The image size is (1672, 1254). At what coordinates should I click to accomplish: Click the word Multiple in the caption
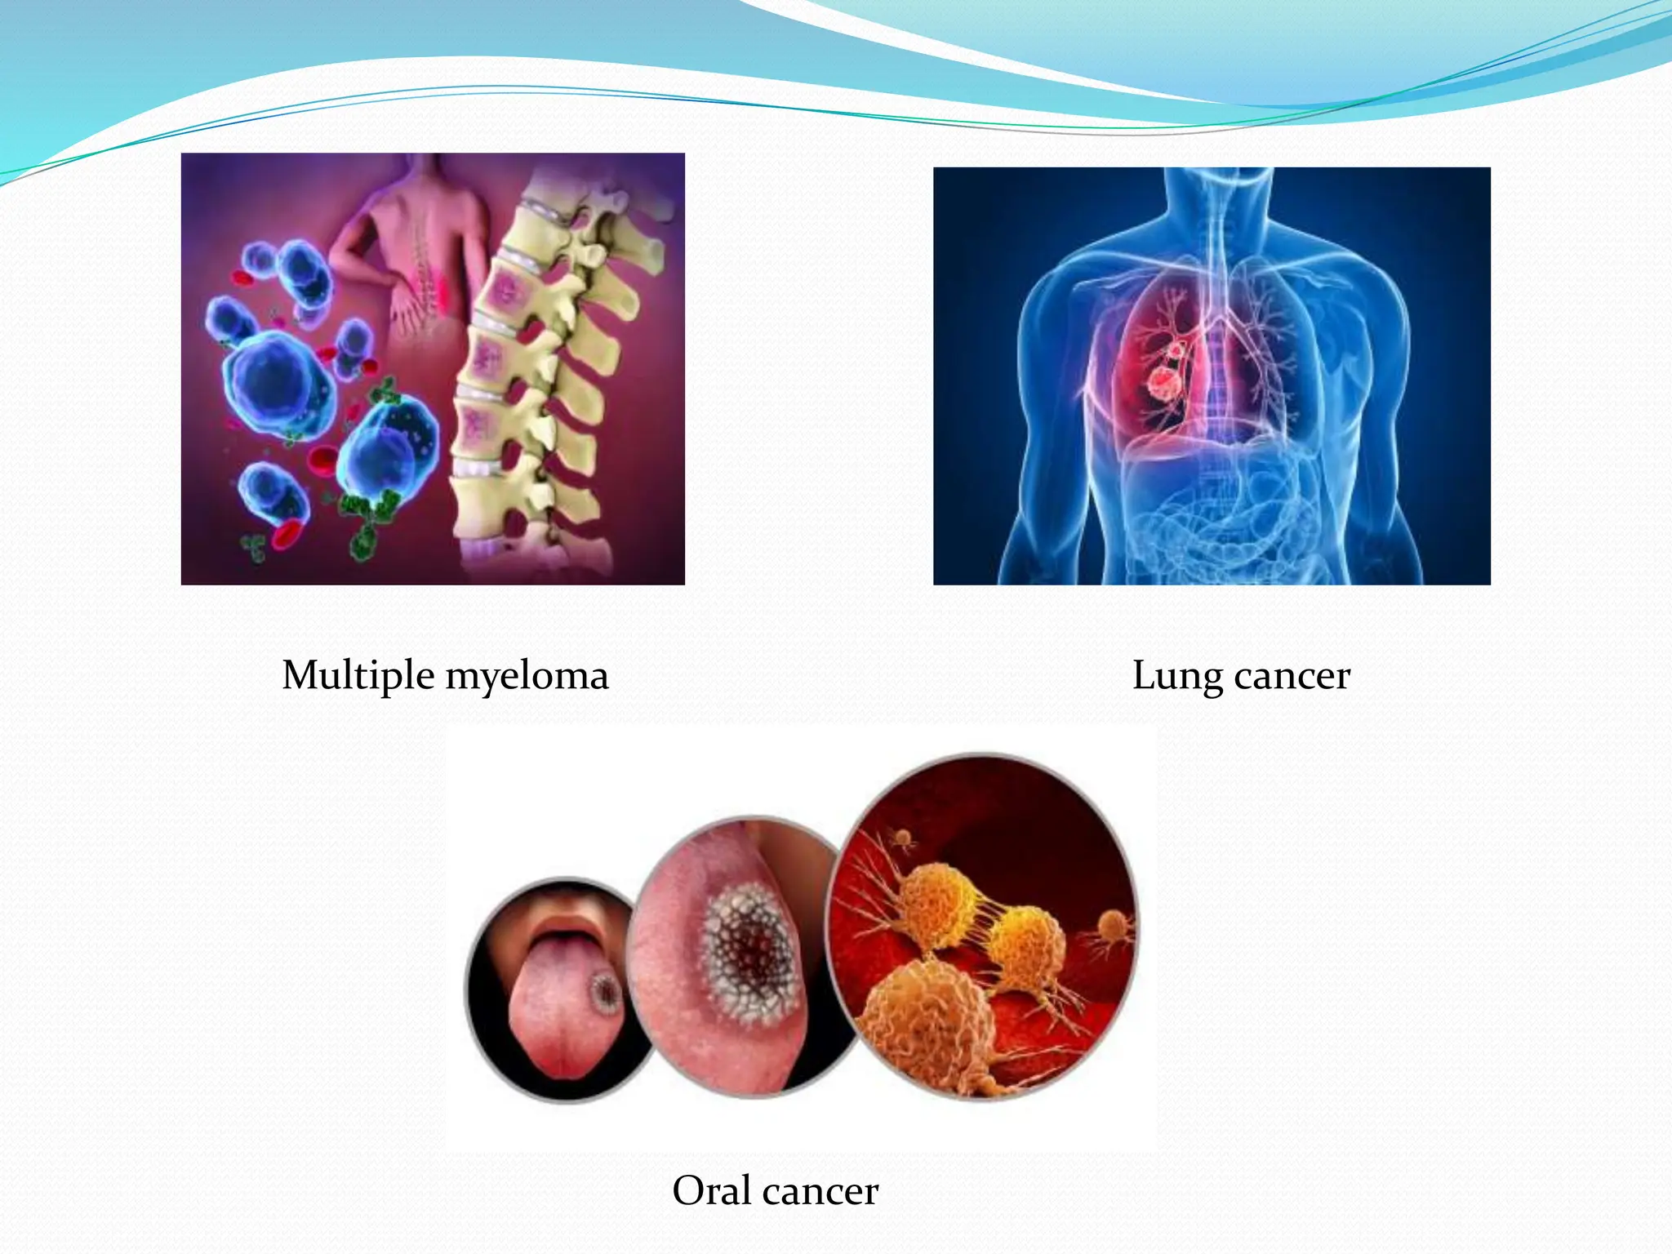click(358, 676)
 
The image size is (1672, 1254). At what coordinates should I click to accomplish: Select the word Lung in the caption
click(1176, 676)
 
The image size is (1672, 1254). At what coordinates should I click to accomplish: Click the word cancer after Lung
click(1292, 676)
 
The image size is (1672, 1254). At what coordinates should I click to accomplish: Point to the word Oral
click(711, 1190)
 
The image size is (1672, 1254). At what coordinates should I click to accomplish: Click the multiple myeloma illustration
click(433, 368)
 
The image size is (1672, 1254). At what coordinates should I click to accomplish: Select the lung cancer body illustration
click(1212, 376)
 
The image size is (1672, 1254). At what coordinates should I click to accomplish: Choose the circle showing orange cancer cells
click(984, 927)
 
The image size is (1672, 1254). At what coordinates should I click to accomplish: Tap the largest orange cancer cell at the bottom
click(927, 1021)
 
